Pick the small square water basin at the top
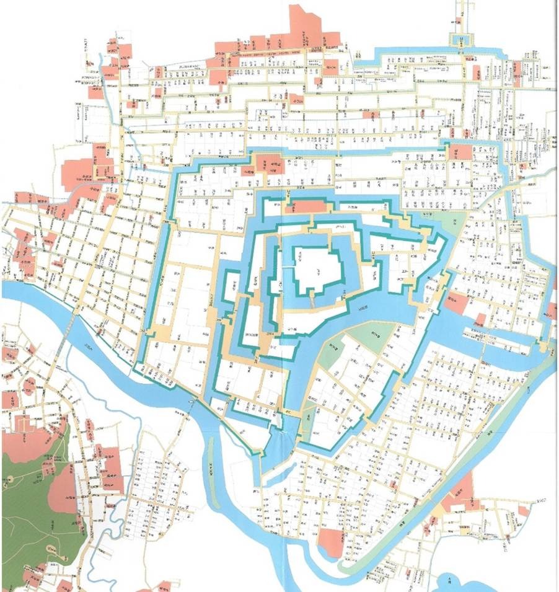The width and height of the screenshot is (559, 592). tap(460, 41)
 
